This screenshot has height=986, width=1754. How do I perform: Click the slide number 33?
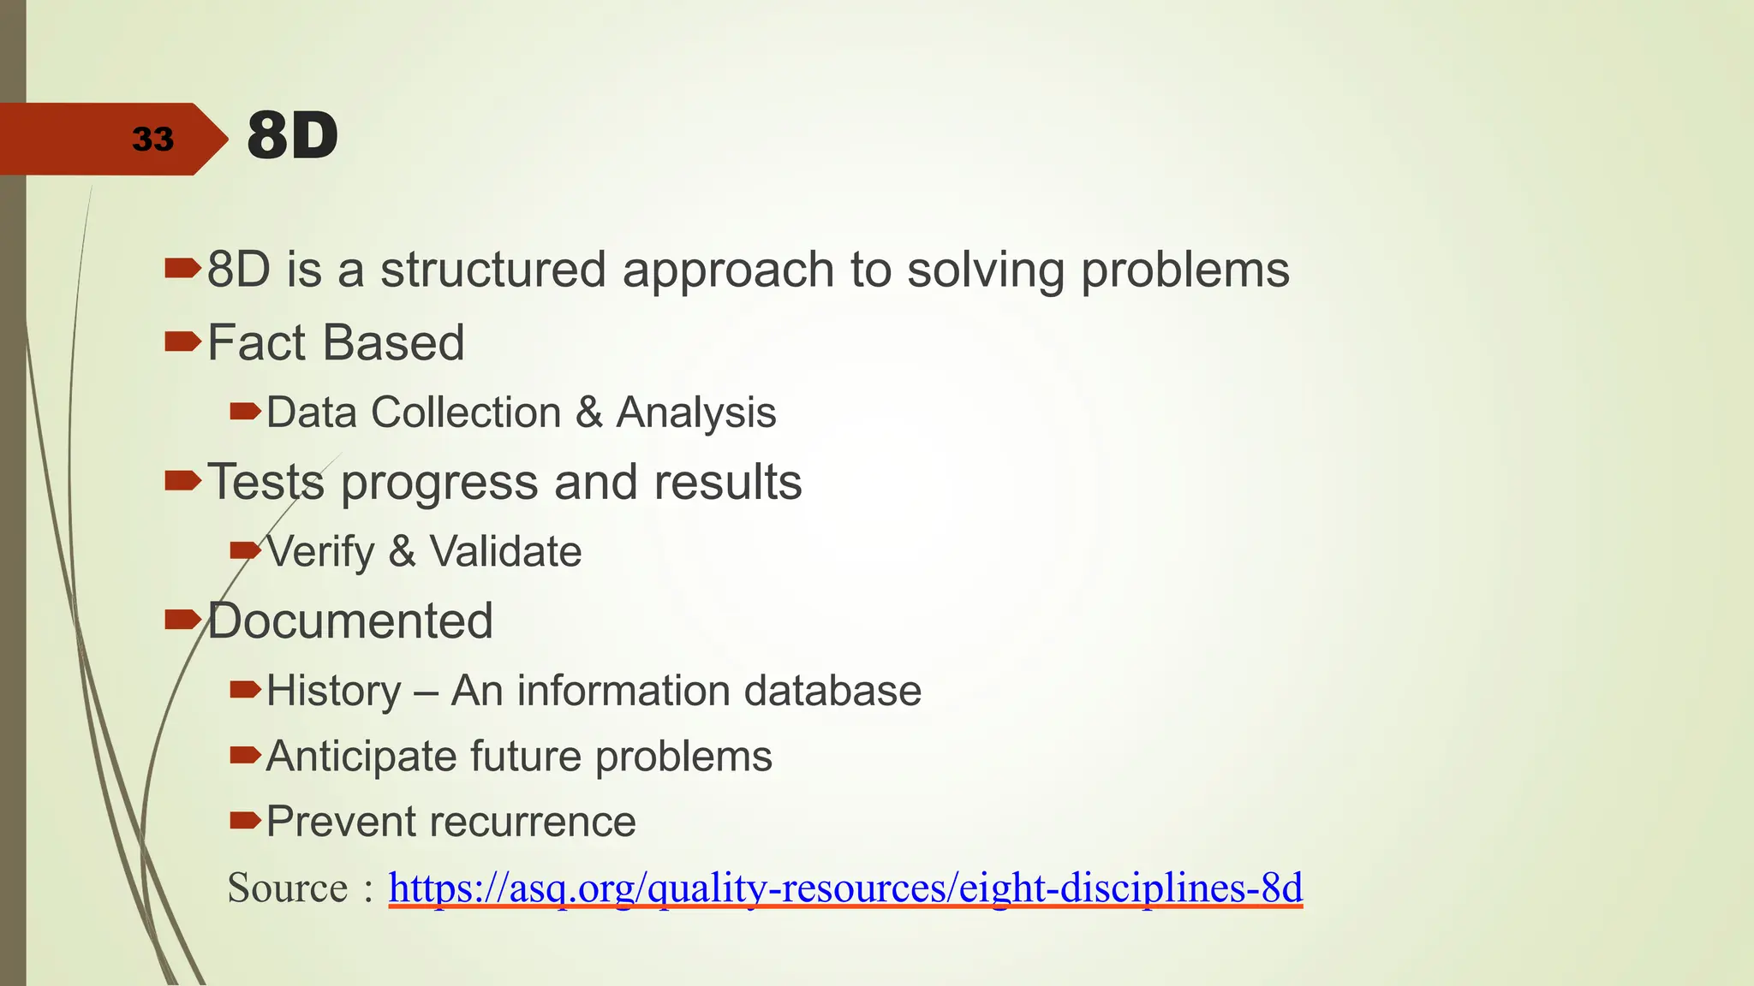[152, 139]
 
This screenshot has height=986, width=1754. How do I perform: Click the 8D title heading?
[292, 136]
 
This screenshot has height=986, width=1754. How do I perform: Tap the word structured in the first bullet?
[492, 270]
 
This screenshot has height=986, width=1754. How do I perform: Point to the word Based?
[394, 343]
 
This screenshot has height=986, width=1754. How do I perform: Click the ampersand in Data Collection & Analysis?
[589, 413]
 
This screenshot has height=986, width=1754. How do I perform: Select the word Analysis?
[695, 413]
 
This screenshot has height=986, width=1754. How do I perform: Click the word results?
[727, 482]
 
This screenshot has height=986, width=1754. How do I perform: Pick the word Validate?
[505, 551]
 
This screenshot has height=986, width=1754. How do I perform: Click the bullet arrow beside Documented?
[182, 619]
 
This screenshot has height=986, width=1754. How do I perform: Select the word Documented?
[350, 621]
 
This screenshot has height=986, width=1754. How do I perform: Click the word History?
[334, 691]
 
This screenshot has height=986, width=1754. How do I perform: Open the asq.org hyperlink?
[844, 888]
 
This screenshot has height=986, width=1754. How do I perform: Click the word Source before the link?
[288, 888]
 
